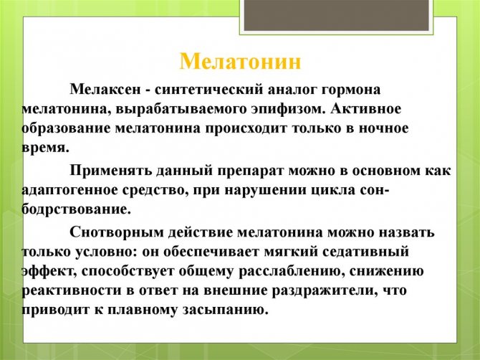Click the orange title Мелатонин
(x=240, y=60)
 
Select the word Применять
(x=110, y=170)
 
